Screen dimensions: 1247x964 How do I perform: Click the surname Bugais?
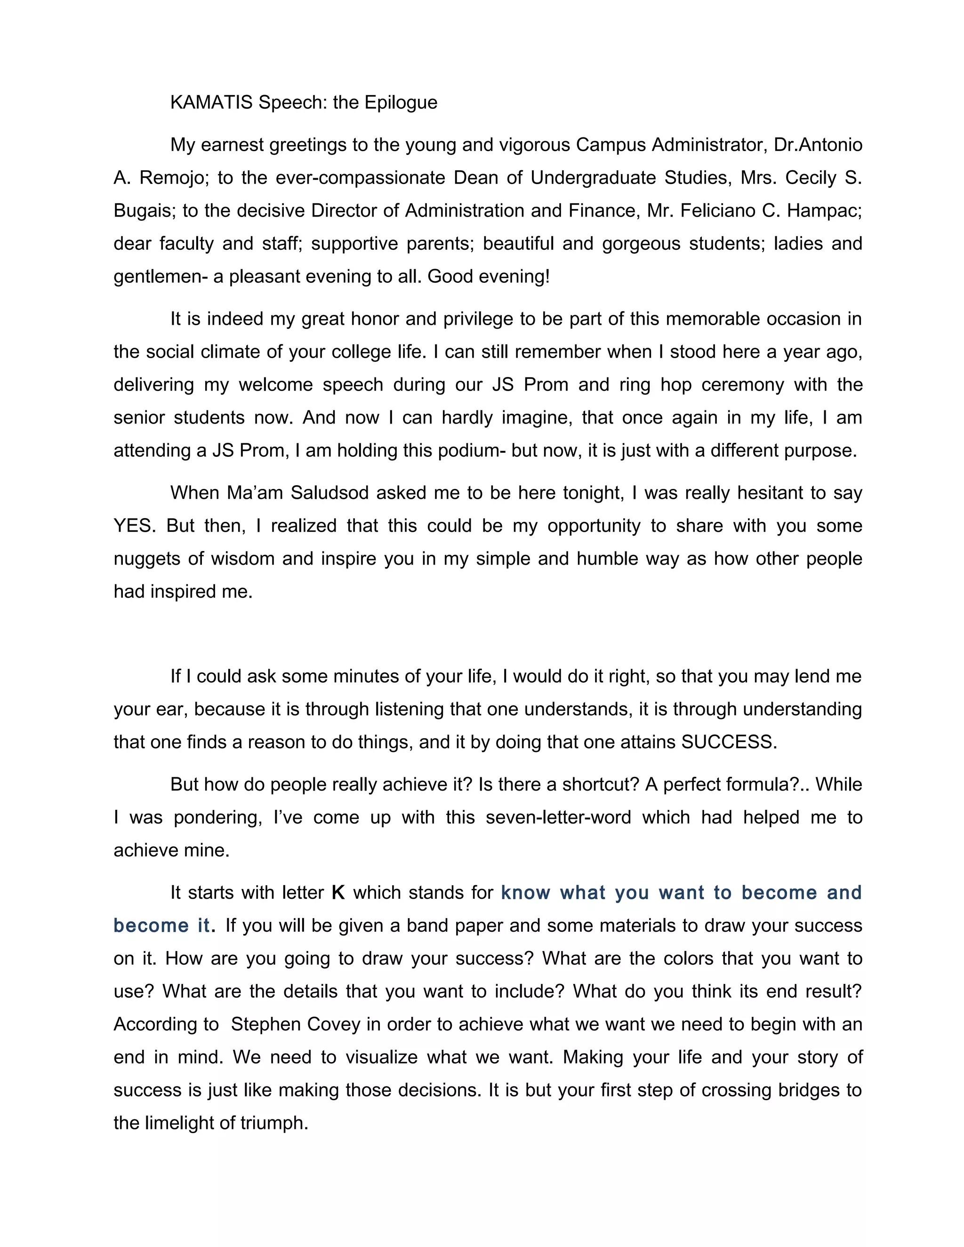(x=143, y=211)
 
